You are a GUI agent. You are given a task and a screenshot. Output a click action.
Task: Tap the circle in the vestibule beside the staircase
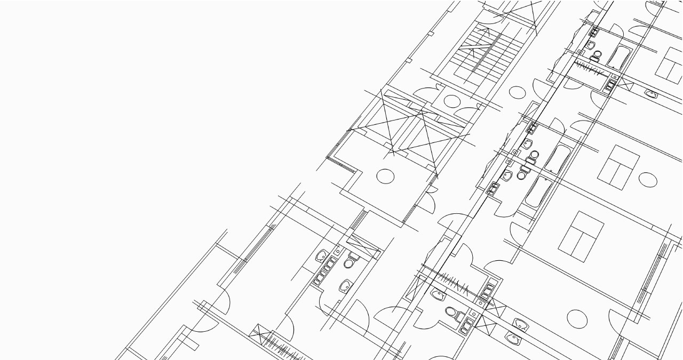[452, 100]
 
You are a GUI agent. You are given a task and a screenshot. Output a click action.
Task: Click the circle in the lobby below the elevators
[385, 176]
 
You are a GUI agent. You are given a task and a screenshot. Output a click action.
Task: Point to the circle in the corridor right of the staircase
[517, 92]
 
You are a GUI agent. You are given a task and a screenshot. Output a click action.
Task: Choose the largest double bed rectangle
[581, 237]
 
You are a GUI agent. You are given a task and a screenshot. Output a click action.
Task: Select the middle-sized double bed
[618, 167]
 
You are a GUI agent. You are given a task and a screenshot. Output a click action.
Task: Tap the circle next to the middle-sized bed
[648, 180]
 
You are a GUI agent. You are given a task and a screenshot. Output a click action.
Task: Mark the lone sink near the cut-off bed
[651, 94]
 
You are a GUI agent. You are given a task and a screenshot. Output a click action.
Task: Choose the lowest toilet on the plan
[452, 313]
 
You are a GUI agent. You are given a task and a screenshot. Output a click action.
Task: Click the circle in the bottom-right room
[577, 318]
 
